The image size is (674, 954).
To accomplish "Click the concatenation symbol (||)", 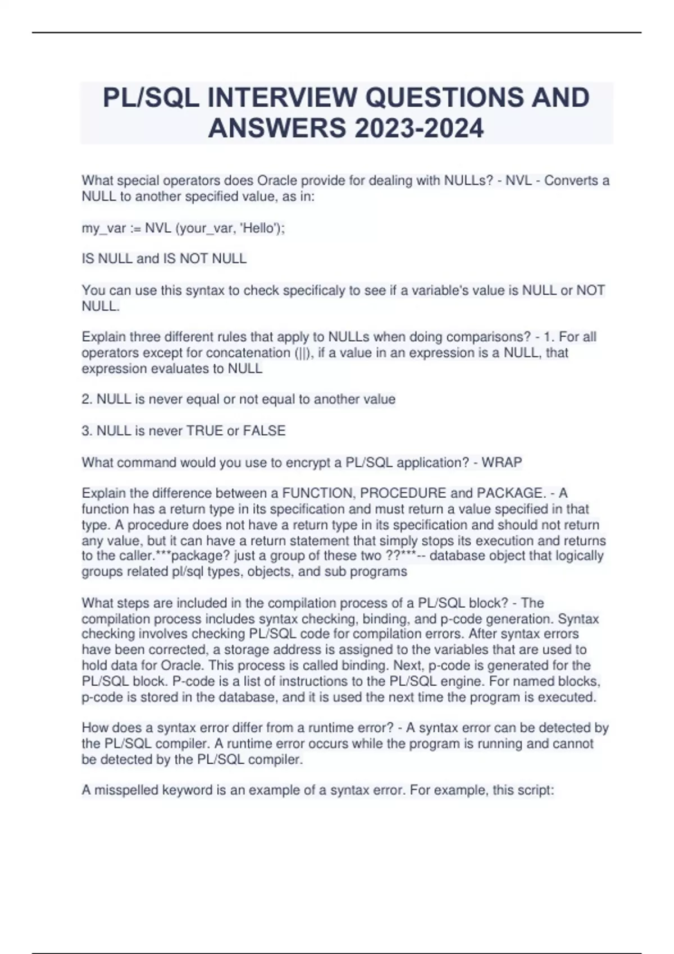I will coord(306,353).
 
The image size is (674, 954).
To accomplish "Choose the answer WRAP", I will coord(502,463).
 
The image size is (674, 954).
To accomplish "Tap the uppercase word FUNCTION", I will coord(318,493).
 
